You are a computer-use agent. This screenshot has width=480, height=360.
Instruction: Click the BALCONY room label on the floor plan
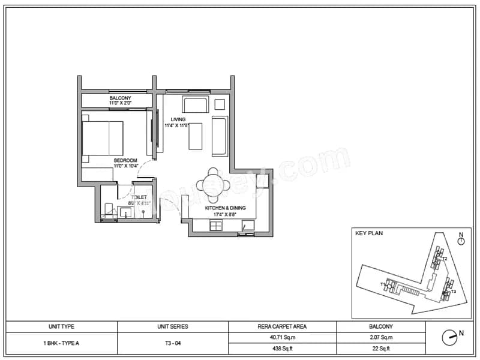pyautogui.click(x=120, y=97)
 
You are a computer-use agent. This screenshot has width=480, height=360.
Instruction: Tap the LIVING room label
pyautogui.click(x=177, y=119)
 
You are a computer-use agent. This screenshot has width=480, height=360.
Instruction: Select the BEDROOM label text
pyautogui.click(x=126, y=160)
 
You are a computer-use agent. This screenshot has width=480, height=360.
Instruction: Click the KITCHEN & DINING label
pyautogui.click(x=226, y=208)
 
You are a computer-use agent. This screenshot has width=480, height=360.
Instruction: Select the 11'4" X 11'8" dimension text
pyautogui.click(x=177, y=126)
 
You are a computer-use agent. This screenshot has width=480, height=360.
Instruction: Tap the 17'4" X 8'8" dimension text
pyautogui.click(x=226, y=214)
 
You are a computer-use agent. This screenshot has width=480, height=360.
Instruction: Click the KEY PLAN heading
pyautogui.click(x=369, y=233)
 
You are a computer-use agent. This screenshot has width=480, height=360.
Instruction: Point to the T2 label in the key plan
pyautogui.click(x=445, y=259)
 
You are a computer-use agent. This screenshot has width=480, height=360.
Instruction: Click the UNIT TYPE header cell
pyautogui.click(x=61, y=327)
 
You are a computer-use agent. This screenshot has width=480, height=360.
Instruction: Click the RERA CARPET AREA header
pyautogui.click(x=282, y=327)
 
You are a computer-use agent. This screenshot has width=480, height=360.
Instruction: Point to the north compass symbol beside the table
pyautogui.click(x=451, y=337)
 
